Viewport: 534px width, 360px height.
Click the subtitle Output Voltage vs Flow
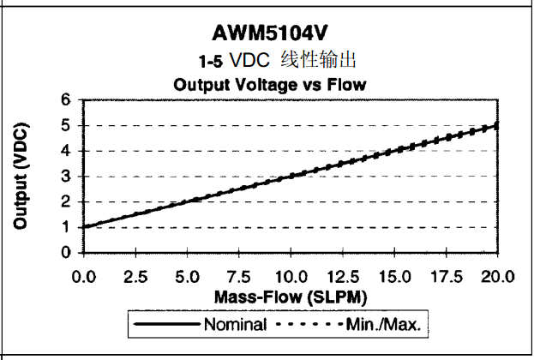tap(270, 84)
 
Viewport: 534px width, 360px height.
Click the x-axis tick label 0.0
tap(83, 276)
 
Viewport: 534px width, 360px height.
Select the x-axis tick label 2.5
tap(135, 276)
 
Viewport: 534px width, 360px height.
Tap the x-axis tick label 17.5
tap(446, 276)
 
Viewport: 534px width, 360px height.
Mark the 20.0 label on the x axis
tap(497, 276)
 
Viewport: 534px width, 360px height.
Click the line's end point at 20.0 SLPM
tap(498, 125)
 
